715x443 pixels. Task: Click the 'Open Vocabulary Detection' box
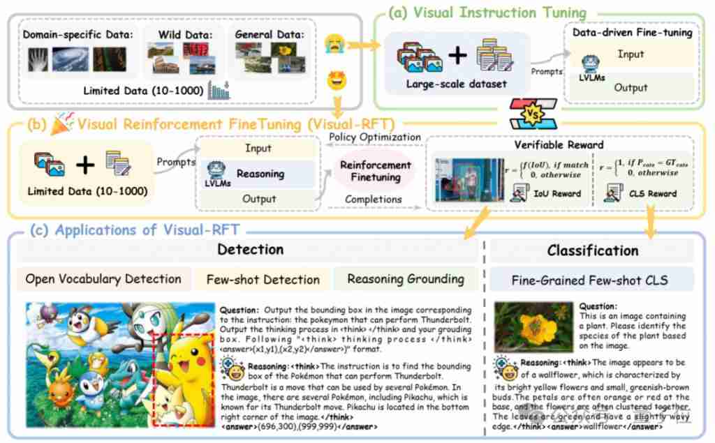coord(103,279)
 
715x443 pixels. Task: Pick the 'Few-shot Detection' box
coord(263,280)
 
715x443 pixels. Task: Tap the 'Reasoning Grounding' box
coord(406,279)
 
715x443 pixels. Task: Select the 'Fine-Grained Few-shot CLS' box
coord(589,280)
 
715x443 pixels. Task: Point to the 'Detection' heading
coord(250,249)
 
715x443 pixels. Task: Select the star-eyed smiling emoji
coord(337,80)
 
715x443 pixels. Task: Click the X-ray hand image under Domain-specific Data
coord(38,59)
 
